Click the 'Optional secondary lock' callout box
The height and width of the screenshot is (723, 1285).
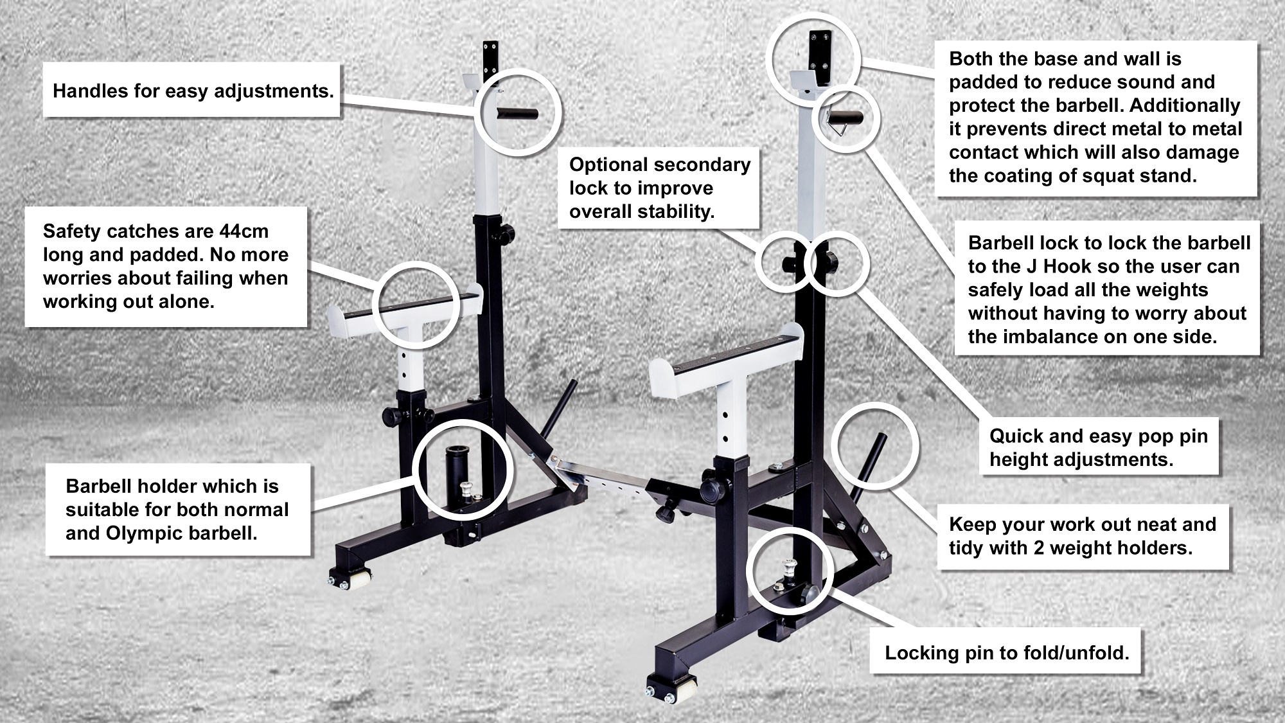click(x=659, y=188)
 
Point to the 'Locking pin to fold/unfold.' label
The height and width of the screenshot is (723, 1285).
click(x=1006, y=653)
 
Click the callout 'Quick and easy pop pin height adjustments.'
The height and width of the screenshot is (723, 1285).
click(x=1099, y=447)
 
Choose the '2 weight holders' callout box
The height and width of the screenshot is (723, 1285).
click(x=1083, y=537)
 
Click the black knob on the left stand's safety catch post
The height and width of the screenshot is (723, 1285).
click(x=391, y=416)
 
